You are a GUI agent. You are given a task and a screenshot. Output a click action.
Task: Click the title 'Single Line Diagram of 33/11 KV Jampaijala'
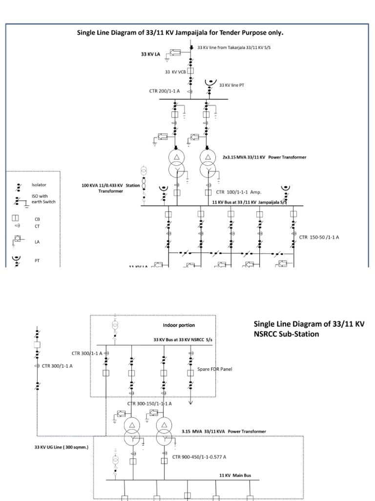tap(180, 33)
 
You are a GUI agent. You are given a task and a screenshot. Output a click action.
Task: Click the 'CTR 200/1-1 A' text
tap(165, 91)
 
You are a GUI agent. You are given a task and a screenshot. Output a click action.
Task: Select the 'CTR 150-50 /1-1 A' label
tap(319, 237)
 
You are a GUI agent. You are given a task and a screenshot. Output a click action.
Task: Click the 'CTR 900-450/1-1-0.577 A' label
tap(199, 456)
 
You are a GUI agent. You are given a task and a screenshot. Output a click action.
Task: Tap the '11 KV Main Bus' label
tap(232, 475)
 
